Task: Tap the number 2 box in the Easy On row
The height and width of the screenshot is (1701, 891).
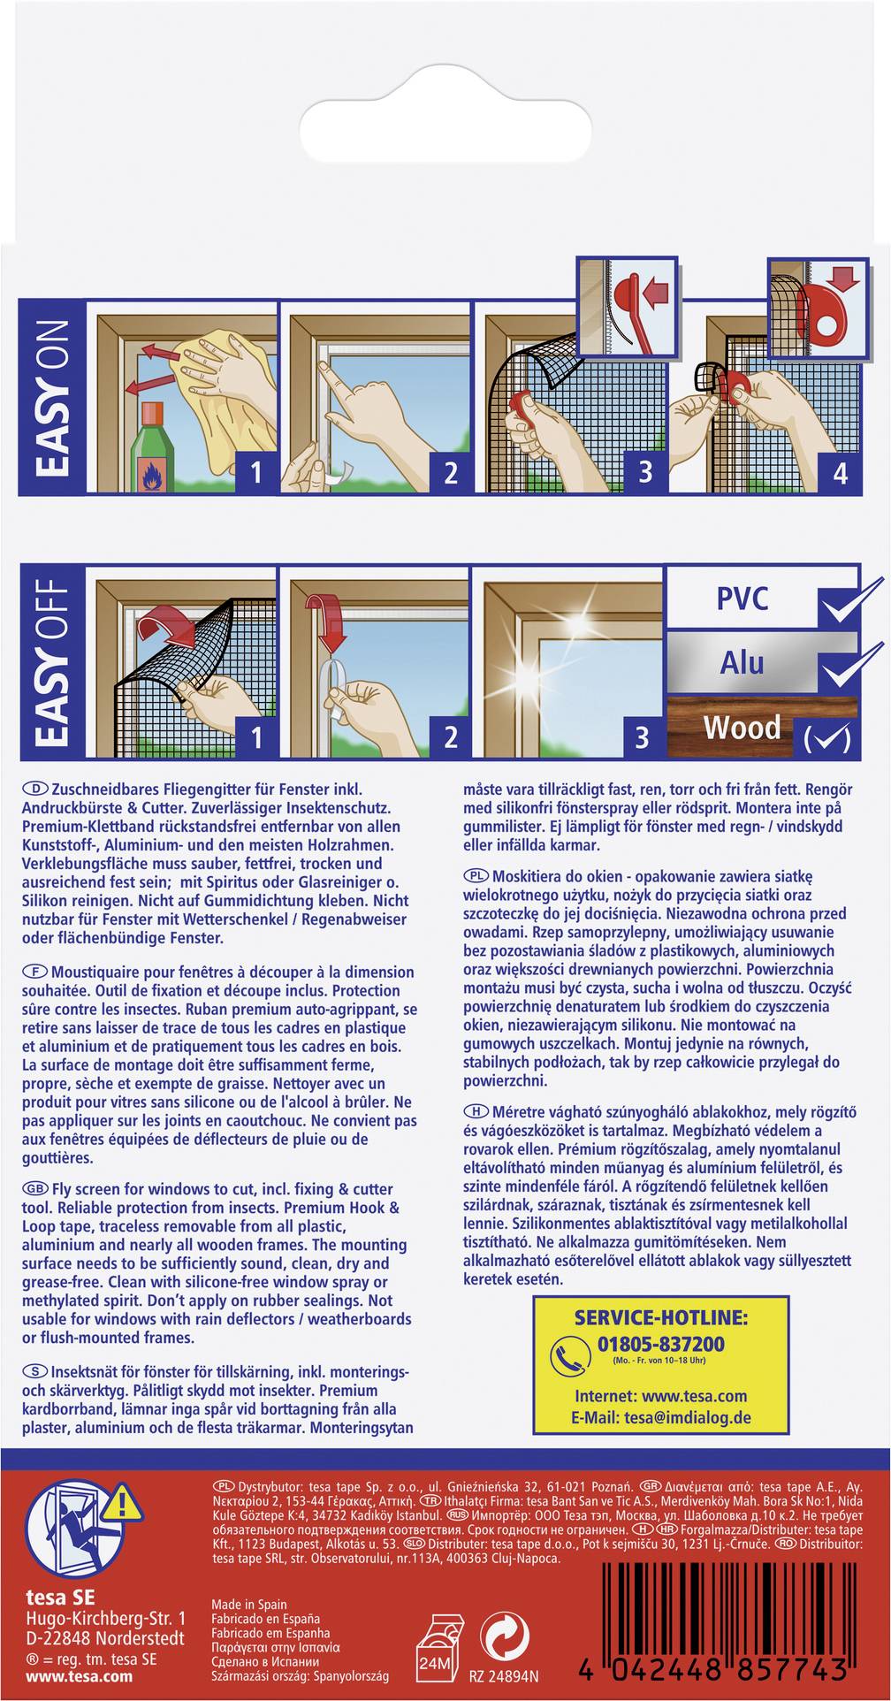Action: click(x=450, y=472)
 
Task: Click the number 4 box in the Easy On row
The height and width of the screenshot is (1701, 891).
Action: click(x=839, y=472)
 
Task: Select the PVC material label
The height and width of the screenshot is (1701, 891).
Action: click(x=742, y=599)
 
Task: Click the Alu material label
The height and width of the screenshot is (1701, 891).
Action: click(x=742, y=661)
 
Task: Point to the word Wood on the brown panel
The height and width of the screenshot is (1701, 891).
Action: click(x=742, y=728)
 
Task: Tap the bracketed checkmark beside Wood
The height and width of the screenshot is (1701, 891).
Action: click(x=827, y=736)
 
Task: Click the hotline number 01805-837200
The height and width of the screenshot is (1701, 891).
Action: click(x=660, y=1345)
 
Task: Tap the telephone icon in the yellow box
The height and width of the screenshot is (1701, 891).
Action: click(x=570, y=1357)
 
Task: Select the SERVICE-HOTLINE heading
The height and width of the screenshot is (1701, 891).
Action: click(x=660, y=1317)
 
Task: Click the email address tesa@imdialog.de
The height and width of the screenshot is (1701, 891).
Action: click(x=674, y=1416)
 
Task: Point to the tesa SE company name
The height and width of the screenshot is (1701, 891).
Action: click(x=60, y=1598)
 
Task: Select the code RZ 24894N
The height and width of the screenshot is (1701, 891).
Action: click(x=504, y=1676)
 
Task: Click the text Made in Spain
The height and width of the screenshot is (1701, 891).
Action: click(x=248, y=1604)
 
